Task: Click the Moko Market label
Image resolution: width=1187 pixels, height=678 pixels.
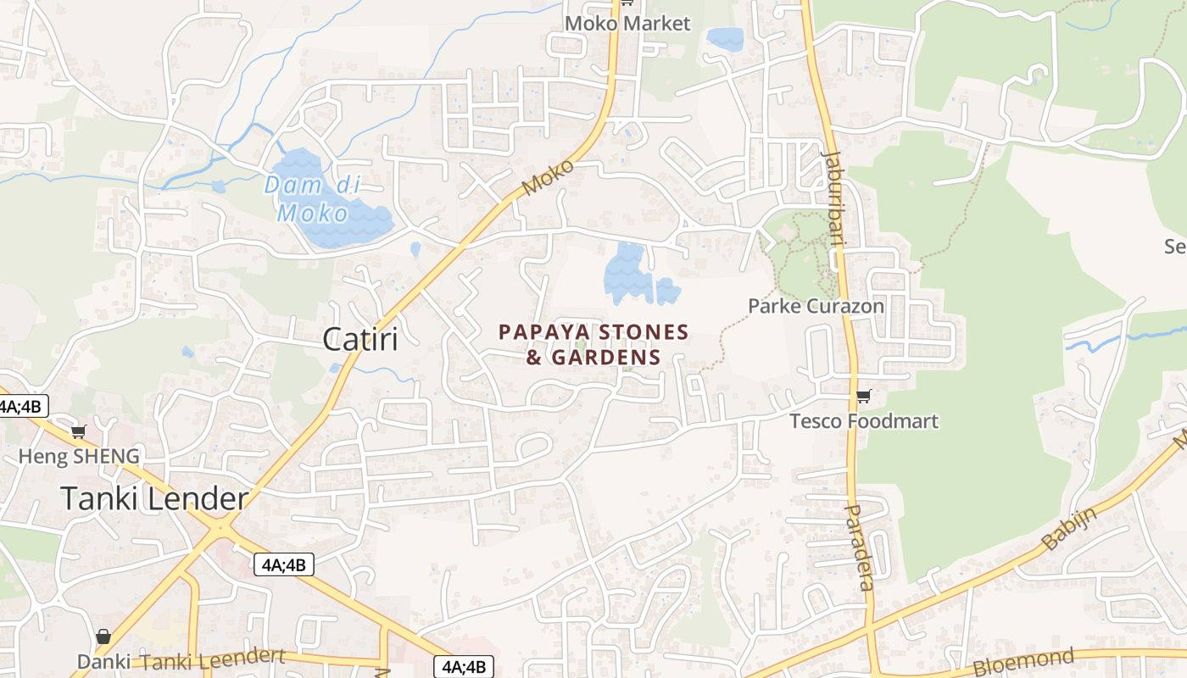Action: (x=627, y=24)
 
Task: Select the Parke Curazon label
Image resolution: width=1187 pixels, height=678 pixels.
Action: (x=816, y=306)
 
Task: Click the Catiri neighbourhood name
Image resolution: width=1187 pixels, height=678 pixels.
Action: (x=359, y=340)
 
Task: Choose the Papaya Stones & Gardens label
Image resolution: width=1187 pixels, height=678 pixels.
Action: (x=593, y=344)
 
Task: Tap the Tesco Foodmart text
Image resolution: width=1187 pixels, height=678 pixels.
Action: (x=864, y=421)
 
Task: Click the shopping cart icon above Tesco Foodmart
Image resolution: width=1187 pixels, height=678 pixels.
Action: (x=863, y=397)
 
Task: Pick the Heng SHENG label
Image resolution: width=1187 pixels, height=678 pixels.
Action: (x=79, y=457)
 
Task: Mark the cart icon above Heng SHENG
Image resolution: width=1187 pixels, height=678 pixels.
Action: (x=78, y=432)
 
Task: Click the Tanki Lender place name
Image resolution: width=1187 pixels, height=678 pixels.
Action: (x=154, y=498)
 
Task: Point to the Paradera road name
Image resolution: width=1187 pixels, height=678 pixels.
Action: (x=860, y=547)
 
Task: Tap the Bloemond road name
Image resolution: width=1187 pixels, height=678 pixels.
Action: (x=1023, y=660)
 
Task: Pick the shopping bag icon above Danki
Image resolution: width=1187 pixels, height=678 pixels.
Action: (x=103, y=636)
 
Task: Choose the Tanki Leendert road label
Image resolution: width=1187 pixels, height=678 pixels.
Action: (x=213, y=659)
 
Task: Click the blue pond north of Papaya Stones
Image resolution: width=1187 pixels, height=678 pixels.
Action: (x=632, y=275)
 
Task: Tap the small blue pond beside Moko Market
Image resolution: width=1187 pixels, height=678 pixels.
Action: (x=725, y=39)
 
